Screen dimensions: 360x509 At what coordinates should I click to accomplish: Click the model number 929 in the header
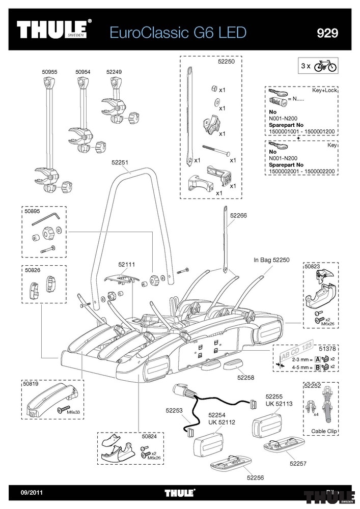pos(327,33)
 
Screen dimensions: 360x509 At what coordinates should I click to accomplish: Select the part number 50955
pos(49,72)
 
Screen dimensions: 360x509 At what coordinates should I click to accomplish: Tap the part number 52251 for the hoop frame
pos(120,162)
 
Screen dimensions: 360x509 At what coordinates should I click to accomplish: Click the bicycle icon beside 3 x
pos(325,66)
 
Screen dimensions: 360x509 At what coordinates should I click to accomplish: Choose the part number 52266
pos(239,215)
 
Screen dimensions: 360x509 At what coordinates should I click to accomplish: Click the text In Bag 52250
pos(271,260)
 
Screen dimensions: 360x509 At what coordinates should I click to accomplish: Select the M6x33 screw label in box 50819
pos(73,412)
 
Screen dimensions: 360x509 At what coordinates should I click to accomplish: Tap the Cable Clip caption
pos(324,431)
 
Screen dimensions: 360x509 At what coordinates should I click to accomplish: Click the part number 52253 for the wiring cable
pos(174,410)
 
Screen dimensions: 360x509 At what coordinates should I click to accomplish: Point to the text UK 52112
pos(221,422)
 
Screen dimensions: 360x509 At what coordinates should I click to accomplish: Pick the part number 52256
pos(255,477)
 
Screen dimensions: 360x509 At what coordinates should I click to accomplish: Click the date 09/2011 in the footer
pos(32,492)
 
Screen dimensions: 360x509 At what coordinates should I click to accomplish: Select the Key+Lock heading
pos(325,90)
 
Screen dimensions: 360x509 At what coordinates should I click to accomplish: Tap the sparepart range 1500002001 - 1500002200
pos(301,171)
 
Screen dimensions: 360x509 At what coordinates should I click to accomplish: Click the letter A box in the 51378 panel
pos(318,359)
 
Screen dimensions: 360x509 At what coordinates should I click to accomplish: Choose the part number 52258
pos(246,378)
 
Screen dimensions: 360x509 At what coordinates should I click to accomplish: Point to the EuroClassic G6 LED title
pos(178,33)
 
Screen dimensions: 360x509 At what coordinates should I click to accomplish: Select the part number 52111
pos(127,265)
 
